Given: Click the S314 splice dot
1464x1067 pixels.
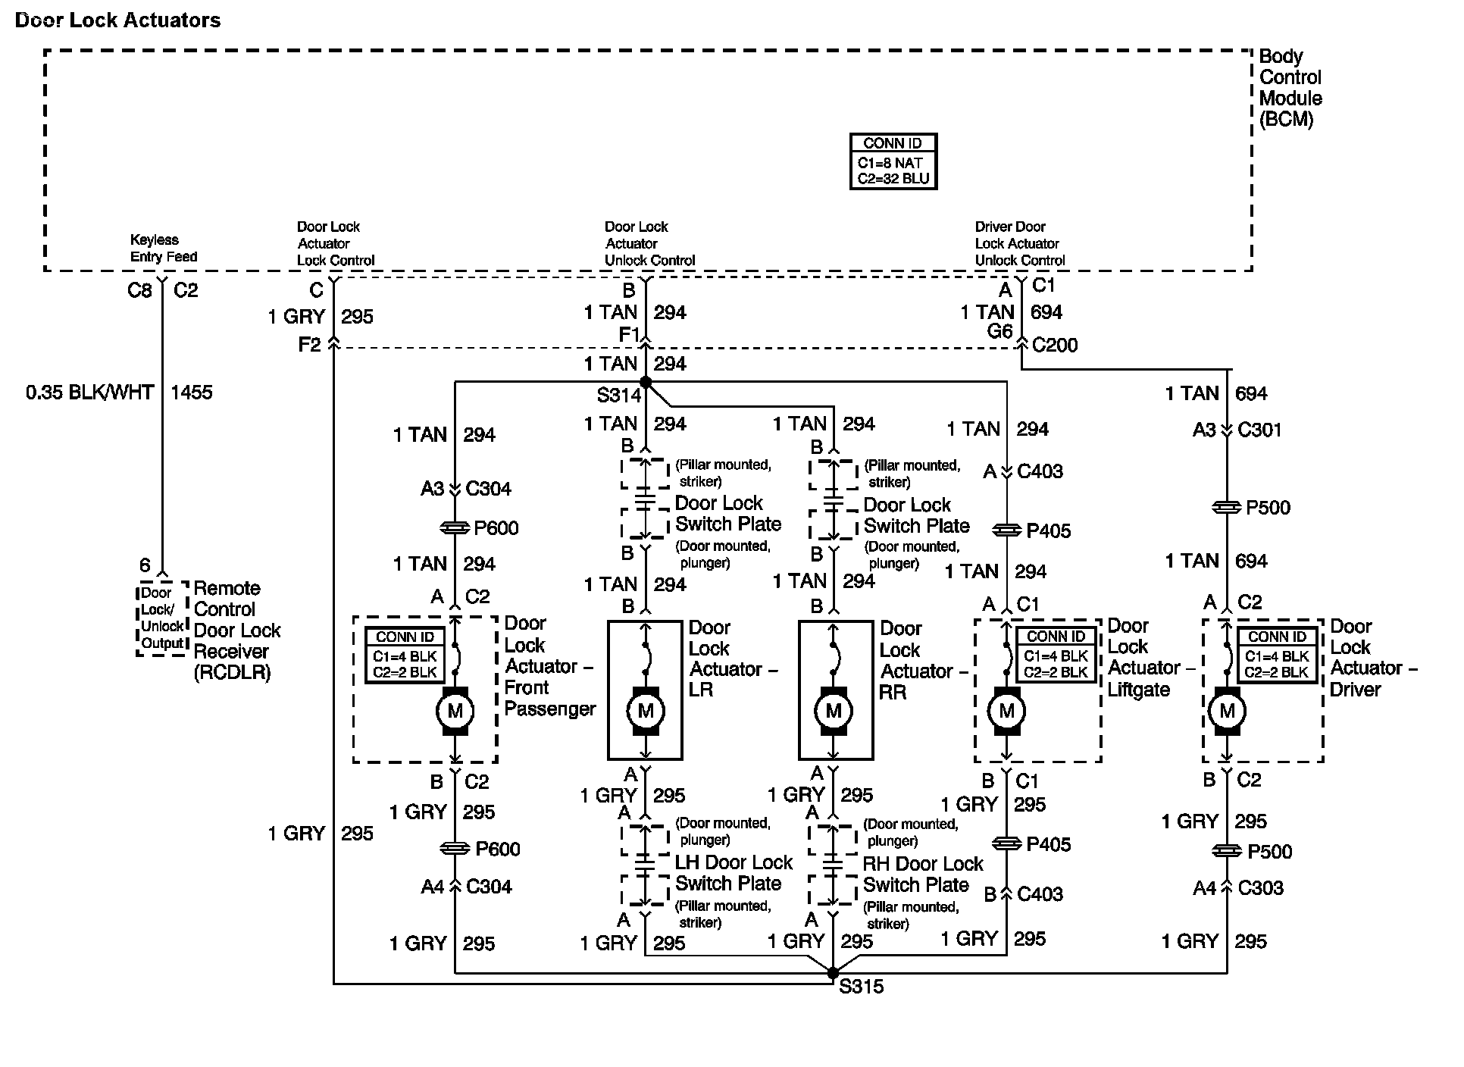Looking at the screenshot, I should (646, 381).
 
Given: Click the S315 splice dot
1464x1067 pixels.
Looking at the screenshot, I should (833, 973).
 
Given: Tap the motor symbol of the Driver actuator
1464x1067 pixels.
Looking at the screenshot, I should (1227, 711).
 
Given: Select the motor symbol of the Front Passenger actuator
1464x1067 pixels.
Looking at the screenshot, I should (455, 711).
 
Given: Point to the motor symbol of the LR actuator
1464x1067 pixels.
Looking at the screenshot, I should (646, 711).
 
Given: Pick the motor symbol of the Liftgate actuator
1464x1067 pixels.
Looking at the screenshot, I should (1006, 711).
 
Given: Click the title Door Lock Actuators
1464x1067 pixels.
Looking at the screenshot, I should (117, 20).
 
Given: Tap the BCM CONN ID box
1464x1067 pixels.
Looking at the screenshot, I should (893, 161).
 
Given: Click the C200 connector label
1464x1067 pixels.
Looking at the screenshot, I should (1055, 346).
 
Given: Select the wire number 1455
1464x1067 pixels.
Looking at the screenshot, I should (192, 393).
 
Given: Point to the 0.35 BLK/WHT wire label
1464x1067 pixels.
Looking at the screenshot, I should (89, 393).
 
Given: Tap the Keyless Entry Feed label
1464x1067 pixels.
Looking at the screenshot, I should (163, 249).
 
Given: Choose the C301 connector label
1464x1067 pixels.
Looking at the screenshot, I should (1259, 430).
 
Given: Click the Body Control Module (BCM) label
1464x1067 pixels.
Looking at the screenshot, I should (1290, 88).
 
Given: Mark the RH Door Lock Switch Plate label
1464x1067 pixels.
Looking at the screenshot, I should (921, 875).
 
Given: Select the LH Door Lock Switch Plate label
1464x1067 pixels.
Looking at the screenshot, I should (733, 873).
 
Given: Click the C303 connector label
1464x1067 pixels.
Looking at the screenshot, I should (1260, 888).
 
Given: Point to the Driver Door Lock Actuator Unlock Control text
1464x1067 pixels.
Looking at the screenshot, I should (1019, 243).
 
